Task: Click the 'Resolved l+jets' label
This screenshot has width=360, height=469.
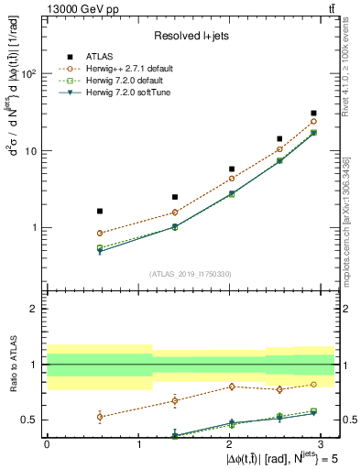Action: click(191, 36)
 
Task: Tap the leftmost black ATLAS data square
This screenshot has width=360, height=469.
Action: click(100, 211)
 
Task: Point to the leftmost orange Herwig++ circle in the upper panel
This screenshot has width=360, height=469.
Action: click(100, 233)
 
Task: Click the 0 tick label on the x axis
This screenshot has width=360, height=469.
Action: click(47, 442)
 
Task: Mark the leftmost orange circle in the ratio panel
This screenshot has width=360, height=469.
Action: click(100, 416)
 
